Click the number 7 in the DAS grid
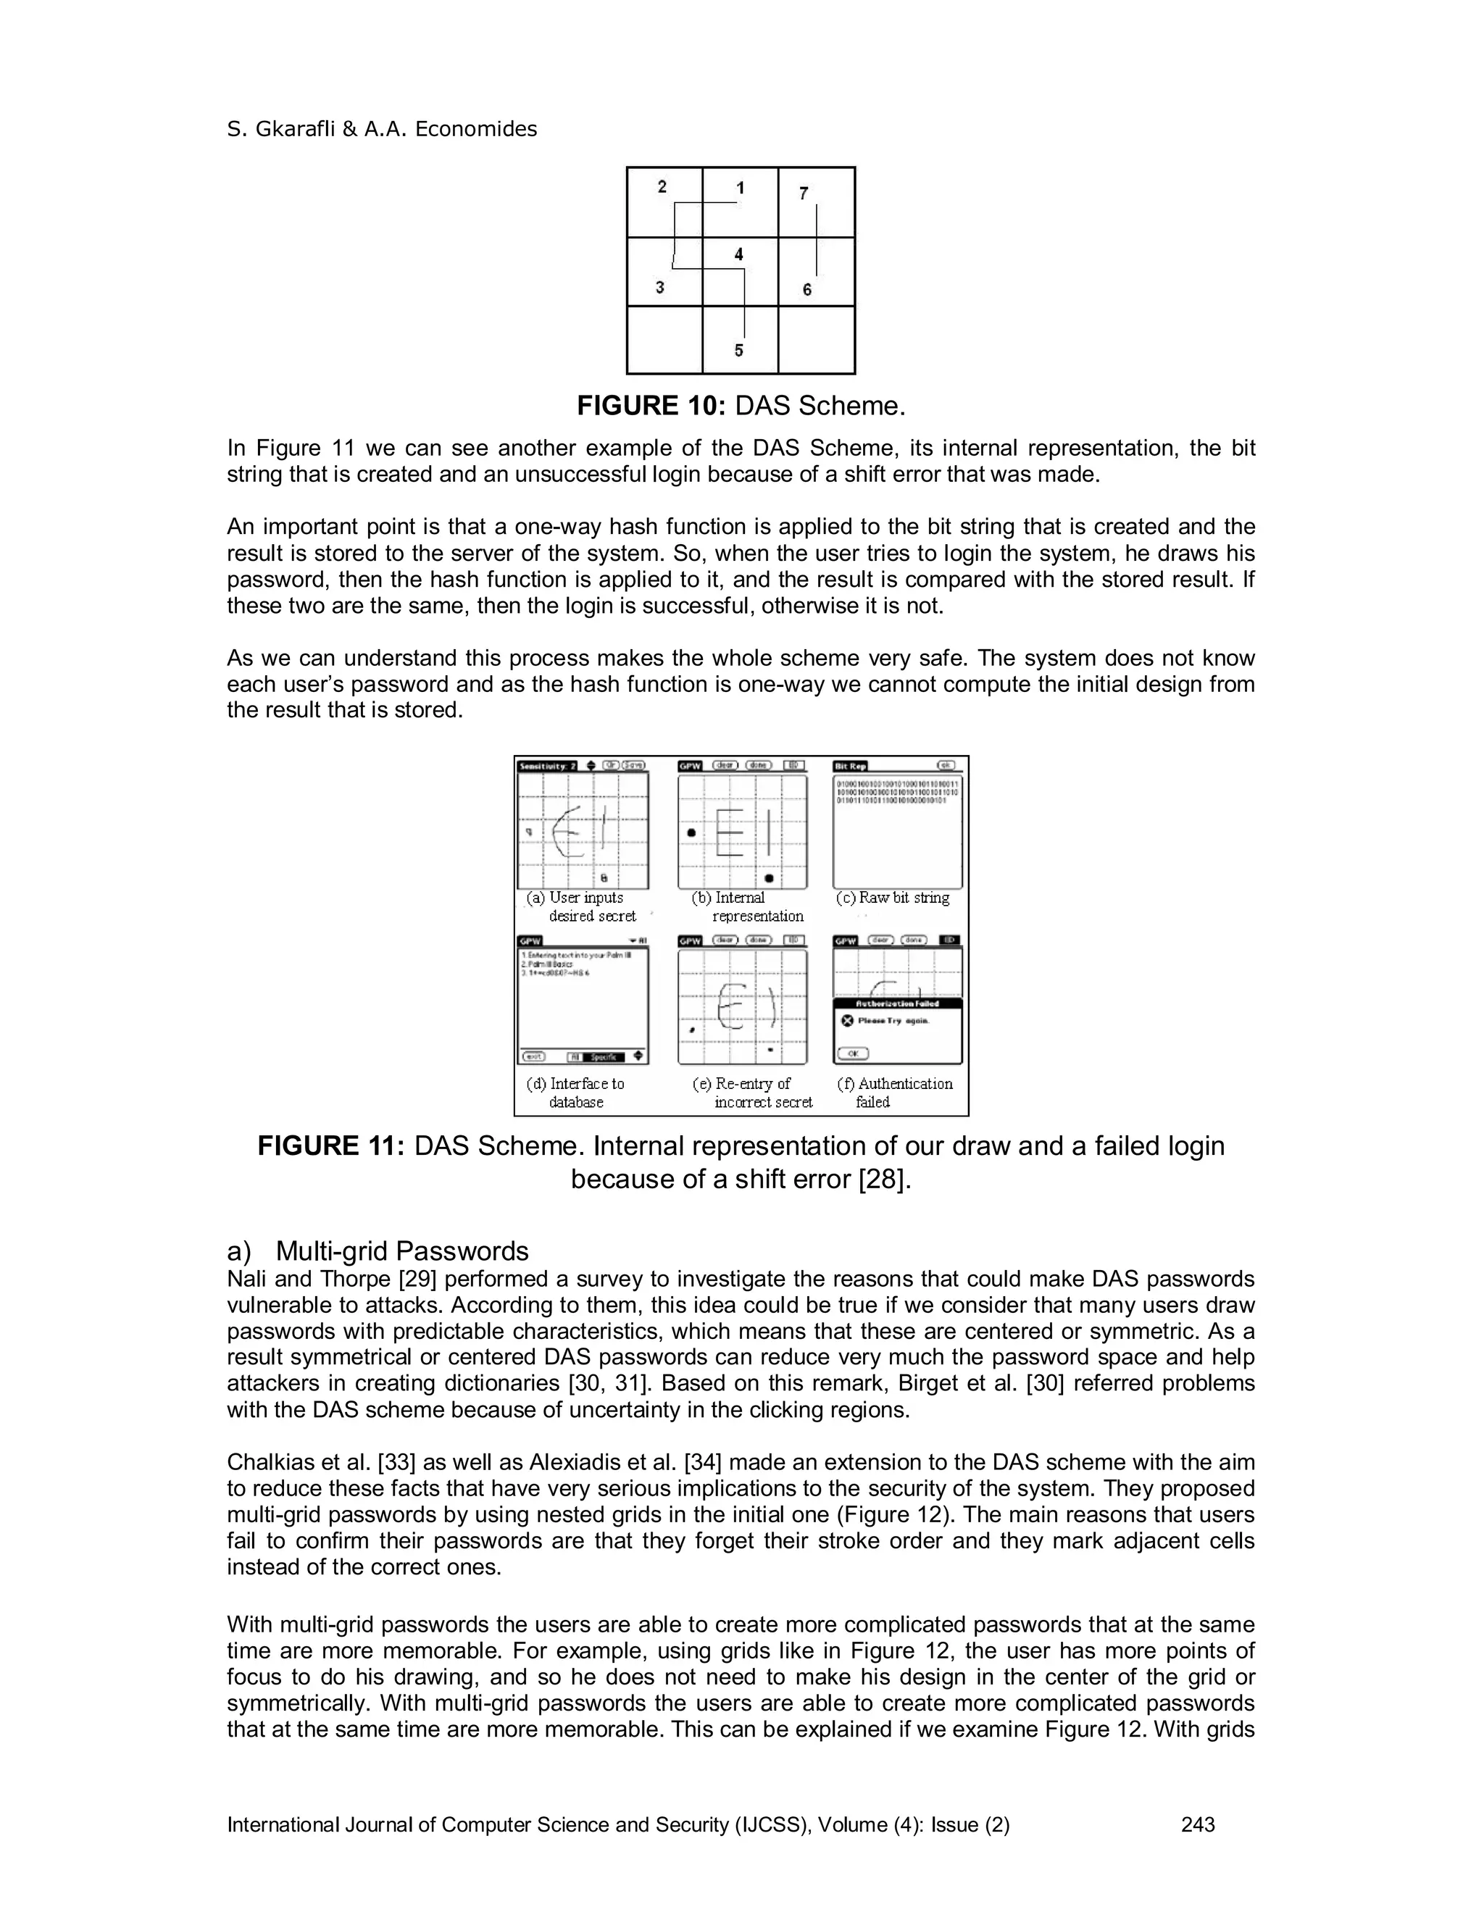(804, 193)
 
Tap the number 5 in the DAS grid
(738, 350)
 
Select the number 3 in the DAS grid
(660, 288)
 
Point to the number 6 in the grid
(807, 290)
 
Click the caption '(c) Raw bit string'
(892, 898)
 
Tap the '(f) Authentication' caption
(895, 1084)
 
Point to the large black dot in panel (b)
(692, 832)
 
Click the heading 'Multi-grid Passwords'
(401, 1251)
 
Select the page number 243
(1197, 1825)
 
